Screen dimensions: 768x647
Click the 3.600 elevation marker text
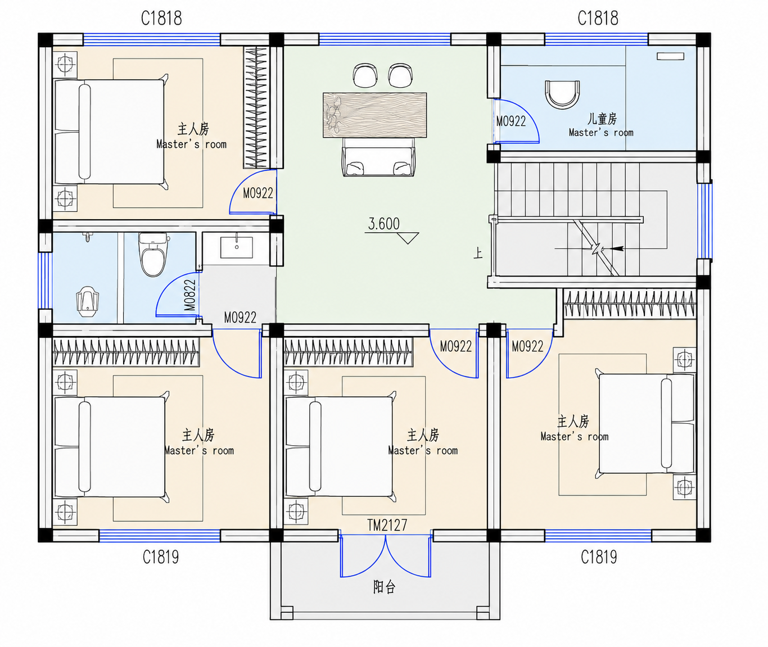383,224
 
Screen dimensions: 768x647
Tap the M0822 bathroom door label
190,295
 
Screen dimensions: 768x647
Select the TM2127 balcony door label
387,525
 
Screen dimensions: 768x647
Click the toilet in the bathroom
153,254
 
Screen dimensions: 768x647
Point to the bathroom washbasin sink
237,247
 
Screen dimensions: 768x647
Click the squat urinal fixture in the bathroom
88,301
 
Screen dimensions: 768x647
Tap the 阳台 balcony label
385,587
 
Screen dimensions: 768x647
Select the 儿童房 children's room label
602,119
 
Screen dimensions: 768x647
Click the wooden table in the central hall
375,115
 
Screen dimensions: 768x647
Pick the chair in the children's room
562,94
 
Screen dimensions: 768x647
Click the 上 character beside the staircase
478,253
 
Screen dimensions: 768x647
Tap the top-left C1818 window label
161,18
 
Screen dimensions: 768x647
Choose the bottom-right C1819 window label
599,557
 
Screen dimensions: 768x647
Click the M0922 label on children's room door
511,121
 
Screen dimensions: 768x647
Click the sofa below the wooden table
378,157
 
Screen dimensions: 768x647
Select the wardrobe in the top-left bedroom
256,107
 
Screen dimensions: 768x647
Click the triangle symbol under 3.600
408,238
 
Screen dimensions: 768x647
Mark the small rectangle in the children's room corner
671,56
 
